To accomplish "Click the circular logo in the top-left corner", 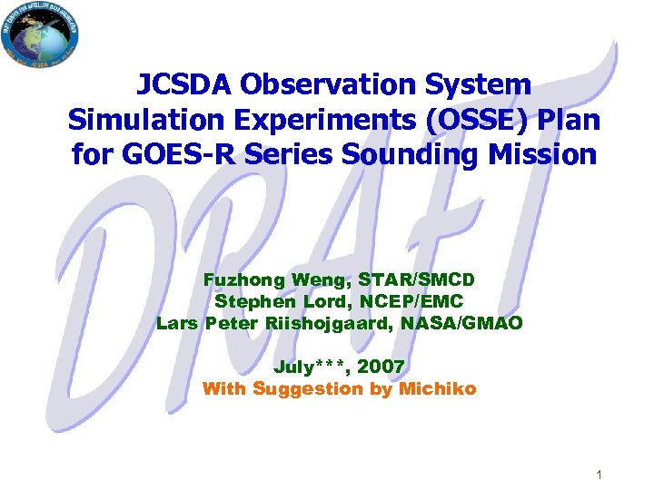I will [x=39, y=35].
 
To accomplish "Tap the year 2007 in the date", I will [x=381, y=367].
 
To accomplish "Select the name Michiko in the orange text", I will [x=439, y=389].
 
